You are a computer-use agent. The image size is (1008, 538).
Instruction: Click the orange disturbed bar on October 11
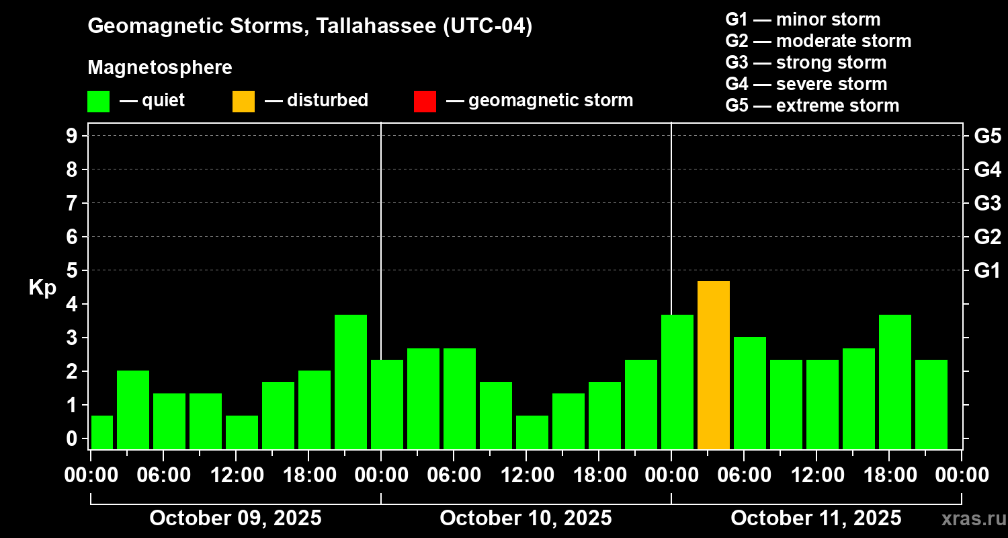point(714,364)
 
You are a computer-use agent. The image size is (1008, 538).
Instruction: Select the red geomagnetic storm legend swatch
point(425,102)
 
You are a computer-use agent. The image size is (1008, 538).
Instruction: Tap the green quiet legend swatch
point(98,102)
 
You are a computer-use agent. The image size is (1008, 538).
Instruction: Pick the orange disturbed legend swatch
point(243,102)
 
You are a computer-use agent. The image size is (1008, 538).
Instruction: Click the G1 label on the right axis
point(986,271)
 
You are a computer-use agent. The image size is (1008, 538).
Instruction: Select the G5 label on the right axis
point(986,137)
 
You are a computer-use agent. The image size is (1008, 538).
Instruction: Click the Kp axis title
point(42,288)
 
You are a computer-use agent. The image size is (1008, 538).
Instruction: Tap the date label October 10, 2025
point(526,518)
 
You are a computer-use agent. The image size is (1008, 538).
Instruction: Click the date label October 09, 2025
point(235,518)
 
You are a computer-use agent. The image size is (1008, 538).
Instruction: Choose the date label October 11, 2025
point(816,518)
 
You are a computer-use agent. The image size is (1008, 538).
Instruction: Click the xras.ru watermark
point(970,518)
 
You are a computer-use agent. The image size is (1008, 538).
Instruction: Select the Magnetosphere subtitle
point(160,68)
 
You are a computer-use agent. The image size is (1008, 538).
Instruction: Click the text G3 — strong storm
point(806,63)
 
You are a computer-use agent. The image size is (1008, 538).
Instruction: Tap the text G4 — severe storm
point(806,84)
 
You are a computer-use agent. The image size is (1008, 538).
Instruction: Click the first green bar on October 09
point(102,432)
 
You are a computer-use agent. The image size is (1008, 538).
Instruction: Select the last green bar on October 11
point(931,403)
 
